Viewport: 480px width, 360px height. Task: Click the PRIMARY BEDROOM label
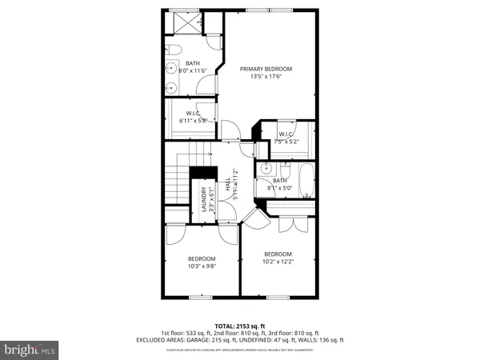point(266,70)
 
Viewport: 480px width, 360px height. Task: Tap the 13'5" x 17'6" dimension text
point(266,78)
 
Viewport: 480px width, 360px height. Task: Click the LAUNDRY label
point(203,198)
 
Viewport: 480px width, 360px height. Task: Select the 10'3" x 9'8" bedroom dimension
point(202,267)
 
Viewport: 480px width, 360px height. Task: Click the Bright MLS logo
point(30,350)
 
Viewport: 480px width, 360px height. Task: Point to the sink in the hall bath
point(265,170)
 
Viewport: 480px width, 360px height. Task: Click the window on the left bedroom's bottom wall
point(202,298)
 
